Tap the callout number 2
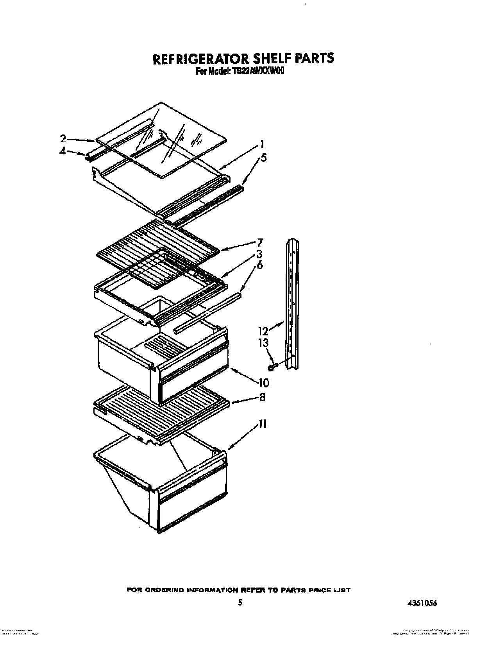(x=63, y=138)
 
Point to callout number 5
(x=264, y=158)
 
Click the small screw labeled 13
(x=271, y=367)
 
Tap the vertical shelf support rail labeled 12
(x=292, y=305)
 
